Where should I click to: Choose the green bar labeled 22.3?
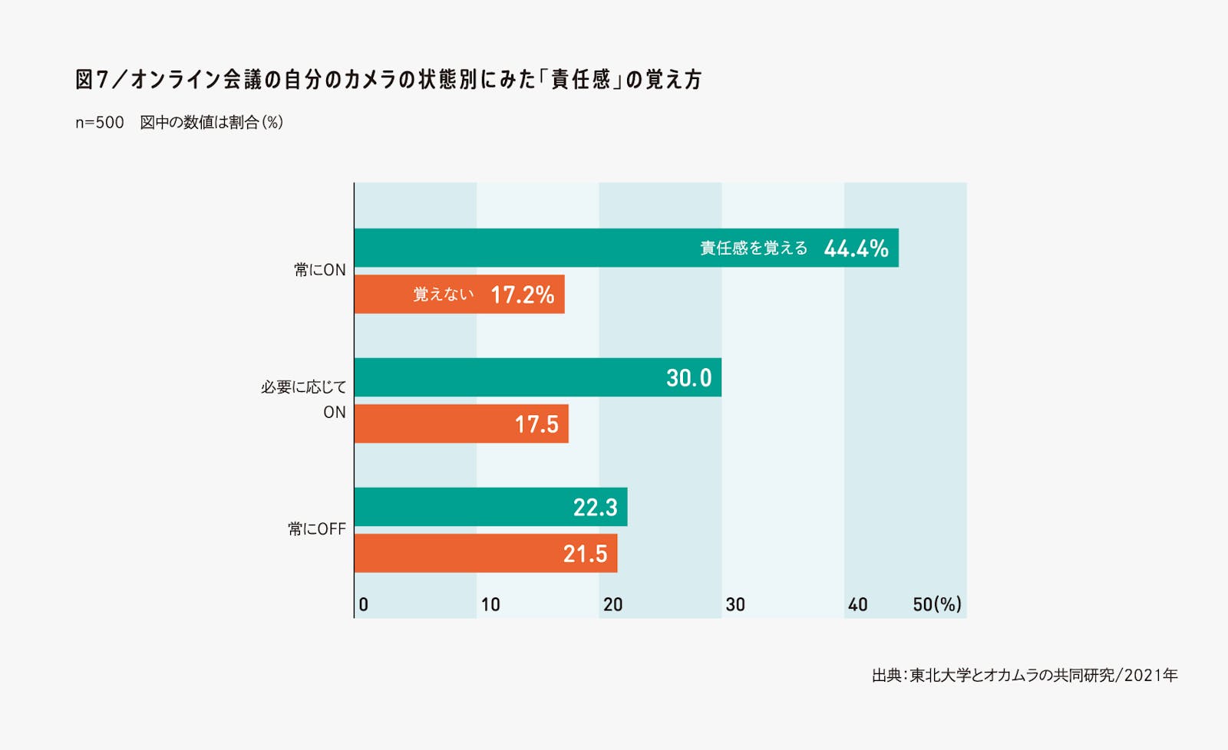(x=460, y=507)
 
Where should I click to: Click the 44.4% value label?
(x=856, y=248)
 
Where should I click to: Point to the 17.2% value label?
(x=522, y=294)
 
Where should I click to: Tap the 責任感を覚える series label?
(x=754, y=248)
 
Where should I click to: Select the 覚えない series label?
(x=444, y=294)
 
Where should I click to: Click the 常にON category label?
(x=320, y=270)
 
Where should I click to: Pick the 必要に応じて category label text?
(x=304, y=387)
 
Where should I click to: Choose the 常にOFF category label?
(x=317, y=529)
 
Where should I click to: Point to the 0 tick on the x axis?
(x=363, y=605)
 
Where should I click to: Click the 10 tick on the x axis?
(x=490, y=605)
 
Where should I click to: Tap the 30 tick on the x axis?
(x=735, y=605)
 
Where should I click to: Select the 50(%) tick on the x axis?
(x=936, y=605)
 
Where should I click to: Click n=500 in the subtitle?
(x=100, y=123)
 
